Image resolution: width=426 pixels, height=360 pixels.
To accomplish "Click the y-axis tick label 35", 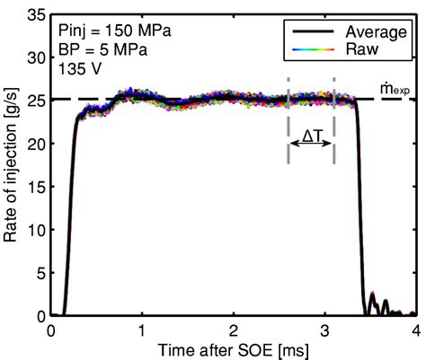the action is (37, 14).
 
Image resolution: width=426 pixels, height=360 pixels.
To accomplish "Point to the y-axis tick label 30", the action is (37, 57).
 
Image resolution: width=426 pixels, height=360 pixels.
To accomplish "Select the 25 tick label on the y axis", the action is (37, 100).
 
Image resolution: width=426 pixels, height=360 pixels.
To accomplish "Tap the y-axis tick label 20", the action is (37, 144).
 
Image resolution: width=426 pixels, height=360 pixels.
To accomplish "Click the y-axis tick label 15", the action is (37, 187).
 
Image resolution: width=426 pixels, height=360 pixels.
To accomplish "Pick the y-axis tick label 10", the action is (37, 230).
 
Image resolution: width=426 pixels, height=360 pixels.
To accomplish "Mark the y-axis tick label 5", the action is (41, 273).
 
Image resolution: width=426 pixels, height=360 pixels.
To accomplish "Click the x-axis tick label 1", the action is (141, 331).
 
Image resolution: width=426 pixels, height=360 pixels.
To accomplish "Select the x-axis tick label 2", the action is (233, 331).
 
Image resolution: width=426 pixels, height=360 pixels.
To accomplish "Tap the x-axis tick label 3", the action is (324, 331).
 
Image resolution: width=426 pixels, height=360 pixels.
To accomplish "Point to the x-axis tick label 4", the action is (415, 331).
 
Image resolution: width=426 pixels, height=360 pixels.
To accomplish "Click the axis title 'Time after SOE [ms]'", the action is (233, 350).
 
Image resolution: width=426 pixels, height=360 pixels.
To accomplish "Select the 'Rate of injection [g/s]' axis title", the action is (10, 165).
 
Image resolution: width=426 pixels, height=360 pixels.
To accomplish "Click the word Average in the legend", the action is (376, 32).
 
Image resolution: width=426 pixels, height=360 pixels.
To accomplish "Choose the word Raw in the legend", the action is (362, 49).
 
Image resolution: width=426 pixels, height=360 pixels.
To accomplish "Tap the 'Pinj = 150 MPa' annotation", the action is (115, 31).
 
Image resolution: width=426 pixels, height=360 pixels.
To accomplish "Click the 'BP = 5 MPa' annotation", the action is (102, 50).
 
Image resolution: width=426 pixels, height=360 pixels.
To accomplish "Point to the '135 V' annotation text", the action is (80, 69).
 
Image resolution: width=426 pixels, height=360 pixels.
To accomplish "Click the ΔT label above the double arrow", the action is (312, 136).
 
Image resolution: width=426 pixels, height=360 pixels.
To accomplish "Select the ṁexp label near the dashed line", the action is (395, 89).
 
